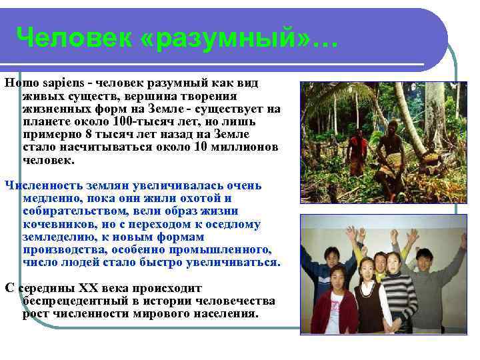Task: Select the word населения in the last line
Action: [225, 313]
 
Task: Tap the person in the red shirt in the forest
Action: [358, 151]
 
